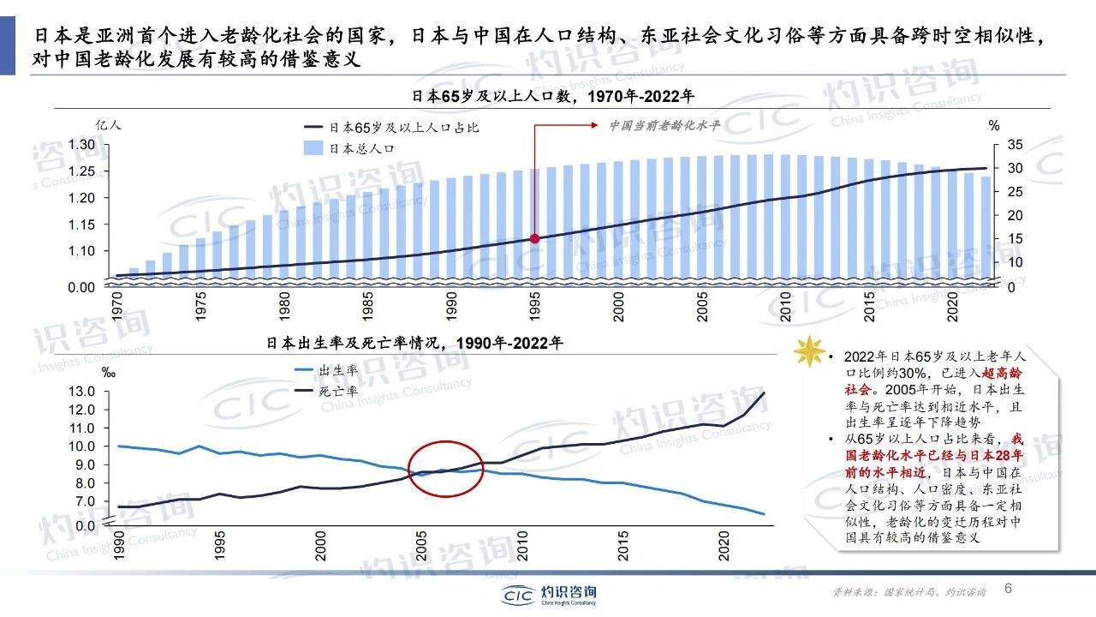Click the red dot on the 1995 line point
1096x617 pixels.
click(x=534, y=238)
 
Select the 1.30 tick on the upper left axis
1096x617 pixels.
click(x=84, y=145)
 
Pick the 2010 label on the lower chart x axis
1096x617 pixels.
click(x=522, y=548)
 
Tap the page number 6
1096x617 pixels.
click(x=1008, y=589)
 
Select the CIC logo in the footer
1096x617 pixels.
click(x=548, y=594)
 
